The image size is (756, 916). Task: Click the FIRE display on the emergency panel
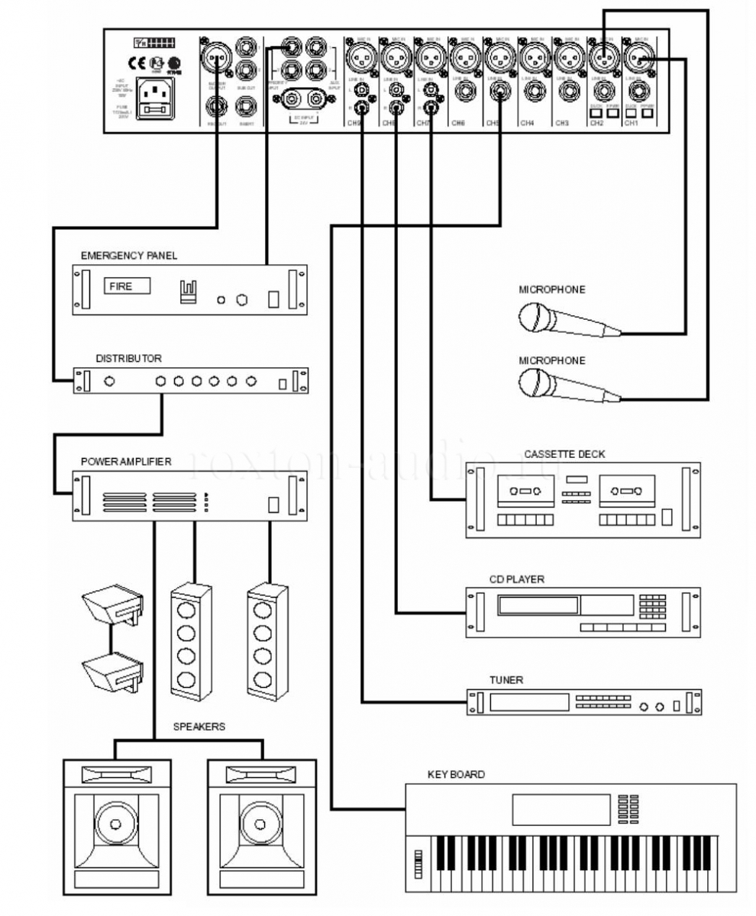[126, 287]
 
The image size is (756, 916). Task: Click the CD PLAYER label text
[516, 579]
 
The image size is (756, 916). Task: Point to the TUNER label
[506, 679]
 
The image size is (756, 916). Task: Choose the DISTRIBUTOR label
[128, 357]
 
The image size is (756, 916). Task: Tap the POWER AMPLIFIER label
[126, 462]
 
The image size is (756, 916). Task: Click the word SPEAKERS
[200, 727]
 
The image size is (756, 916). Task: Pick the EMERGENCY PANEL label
[129, 256]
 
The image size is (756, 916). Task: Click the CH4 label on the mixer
[527, 122]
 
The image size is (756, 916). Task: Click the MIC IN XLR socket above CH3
[567, 55]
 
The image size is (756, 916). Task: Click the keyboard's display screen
[561, 808]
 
